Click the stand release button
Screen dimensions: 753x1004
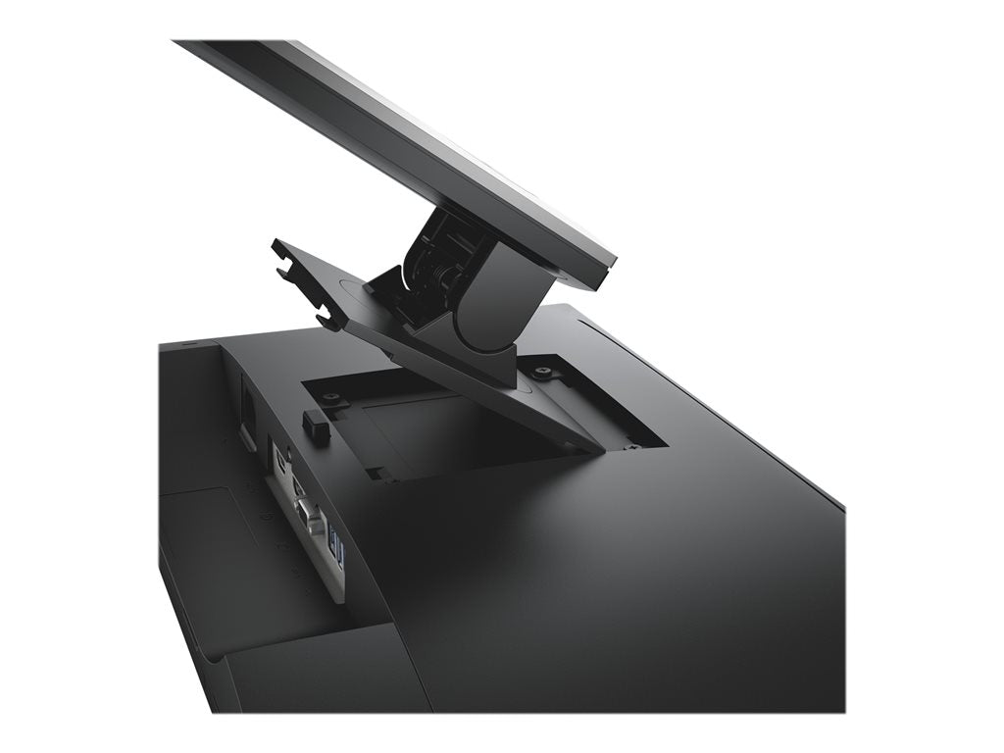coord(316,423)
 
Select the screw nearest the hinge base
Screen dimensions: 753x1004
coord(542,372)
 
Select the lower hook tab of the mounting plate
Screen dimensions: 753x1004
coord(330,318)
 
